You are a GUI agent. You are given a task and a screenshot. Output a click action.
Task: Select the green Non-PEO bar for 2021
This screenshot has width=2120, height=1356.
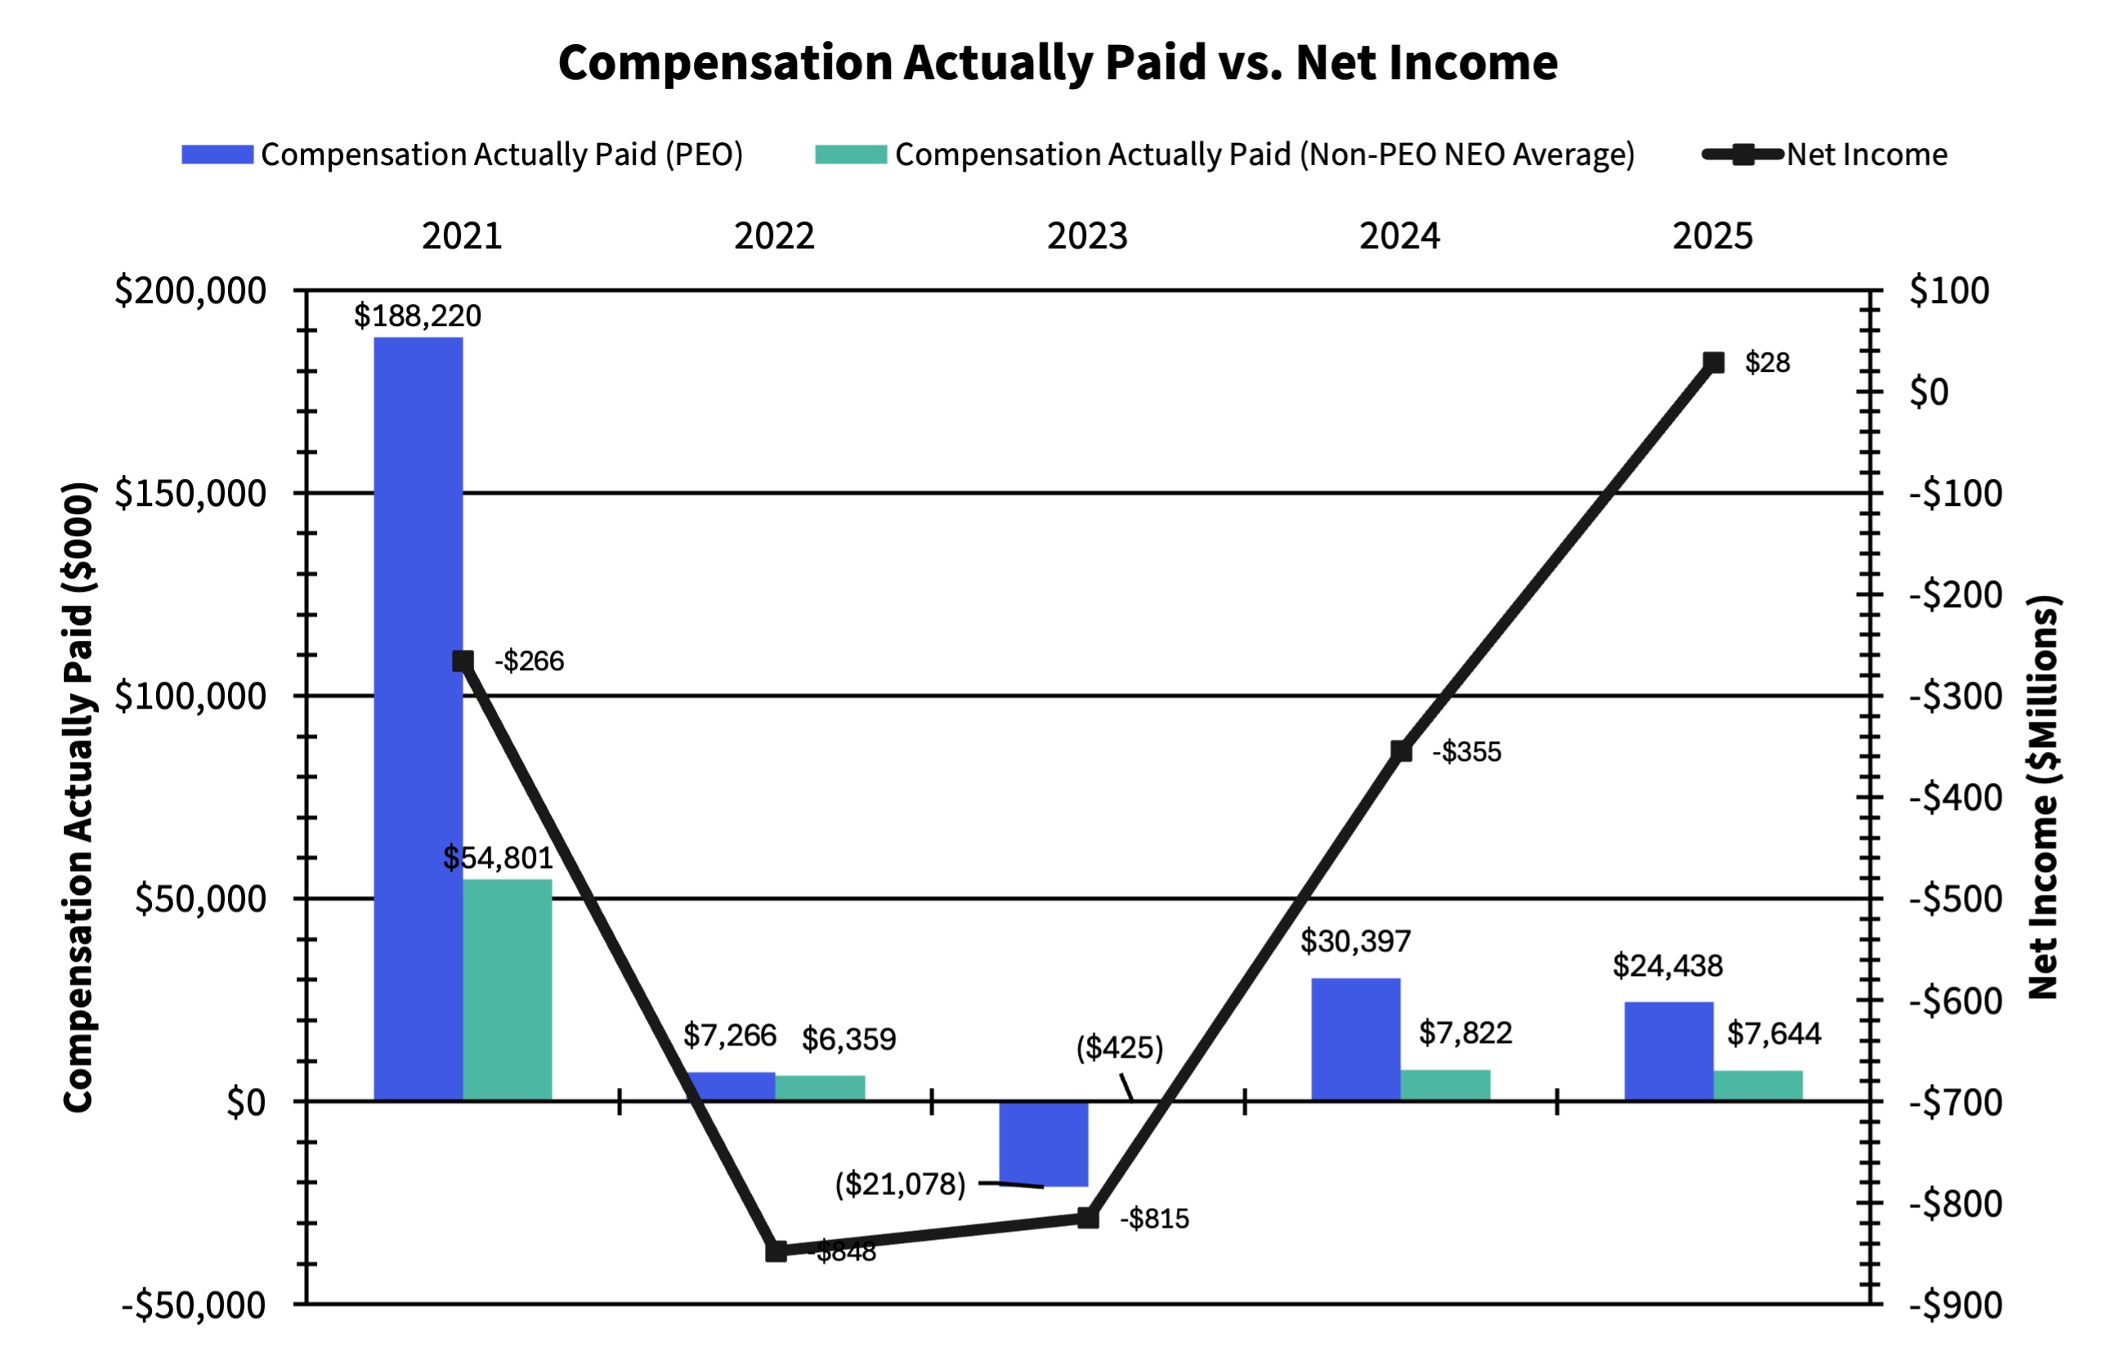point(507,990)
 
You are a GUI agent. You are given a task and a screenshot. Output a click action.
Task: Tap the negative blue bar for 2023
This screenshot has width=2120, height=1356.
point(1044,1143)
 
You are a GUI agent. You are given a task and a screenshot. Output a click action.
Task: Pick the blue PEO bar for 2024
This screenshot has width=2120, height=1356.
point(1356,1039)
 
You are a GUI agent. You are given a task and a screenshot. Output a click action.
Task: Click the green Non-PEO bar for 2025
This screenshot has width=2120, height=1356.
point(1757,1085)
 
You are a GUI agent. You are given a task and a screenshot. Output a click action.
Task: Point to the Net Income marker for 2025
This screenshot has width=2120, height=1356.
point(1713,363)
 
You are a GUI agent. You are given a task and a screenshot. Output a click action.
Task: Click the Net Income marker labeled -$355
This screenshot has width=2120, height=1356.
point(1401,751)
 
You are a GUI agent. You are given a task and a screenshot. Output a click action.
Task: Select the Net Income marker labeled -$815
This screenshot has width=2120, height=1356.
point(1088,1218)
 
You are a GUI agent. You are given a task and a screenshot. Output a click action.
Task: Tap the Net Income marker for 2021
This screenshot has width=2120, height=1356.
point(463,661)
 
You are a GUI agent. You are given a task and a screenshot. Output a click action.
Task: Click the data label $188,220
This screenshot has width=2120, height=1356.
point(418,316)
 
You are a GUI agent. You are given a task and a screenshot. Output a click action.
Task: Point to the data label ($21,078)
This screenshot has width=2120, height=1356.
point(900,1184)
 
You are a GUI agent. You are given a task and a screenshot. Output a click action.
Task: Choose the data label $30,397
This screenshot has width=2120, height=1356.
point(1355,942)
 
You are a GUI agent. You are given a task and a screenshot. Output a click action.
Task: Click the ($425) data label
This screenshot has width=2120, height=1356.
point(1119,1048)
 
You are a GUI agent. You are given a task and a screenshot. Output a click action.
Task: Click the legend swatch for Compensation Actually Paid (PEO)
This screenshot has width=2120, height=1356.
point(217,155)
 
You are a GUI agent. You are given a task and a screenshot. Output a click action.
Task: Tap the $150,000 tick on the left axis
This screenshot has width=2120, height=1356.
point(190,493)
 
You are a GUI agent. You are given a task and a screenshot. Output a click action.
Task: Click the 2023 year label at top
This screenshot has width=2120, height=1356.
point(1086,236)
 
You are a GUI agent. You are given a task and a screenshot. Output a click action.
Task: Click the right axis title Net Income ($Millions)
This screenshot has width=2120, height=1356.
point(2042,797)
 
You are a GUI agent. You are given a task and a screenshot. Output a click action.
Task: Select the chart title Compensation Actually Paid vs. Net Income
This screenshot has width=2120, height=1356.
point(1058,62)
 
